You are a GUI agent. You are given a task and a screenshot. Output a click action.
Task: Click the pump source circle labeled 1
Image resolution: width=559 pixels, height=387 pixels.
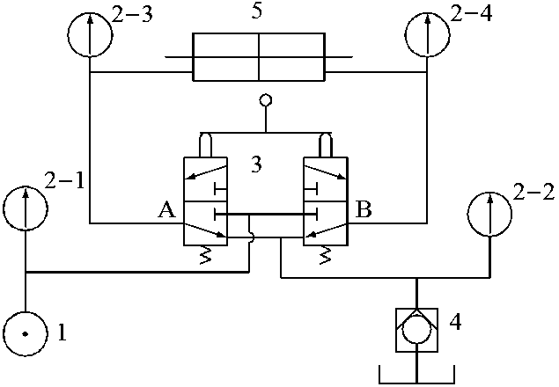(x=26, y=333)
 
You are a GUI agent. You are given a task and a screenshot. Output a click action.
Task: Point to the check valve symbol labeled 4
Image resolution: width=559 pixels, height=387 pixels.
(x=415, y=330)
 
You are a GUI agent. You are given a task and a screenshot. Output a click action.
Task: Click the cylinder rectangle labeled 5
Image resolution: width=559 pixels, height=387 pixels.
(x=259, y=58)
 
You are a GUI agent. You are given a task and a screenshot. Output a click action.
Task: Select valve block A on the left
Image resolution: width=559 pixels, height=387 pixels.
(x=204, y=201)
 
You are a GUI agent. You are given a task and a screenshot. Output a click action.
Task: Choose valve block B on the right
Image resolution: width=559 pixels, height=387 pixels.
(x=325, y=201)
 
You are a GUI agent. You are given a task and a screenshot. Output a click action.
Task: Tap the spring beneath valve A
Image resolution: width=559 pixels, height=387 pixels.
(x=207, y=256)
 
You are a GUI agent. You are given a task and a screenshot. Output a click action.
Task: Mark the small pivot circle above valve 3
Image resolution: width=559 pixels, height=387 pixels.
(x=262, y=100)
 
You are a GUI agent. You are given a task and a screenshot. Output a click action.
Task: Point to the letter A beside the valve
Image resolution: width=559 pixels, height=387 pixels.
(x=165, y=210)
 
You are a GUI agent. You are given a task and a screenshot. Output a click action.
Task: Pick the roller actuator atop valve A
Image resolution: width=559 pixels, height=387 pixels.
(x=205, y=143)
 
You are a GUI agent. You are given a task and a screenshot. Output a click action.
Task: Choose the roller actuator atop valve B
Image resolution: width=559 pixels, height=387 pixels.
(x=325, y=143)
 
